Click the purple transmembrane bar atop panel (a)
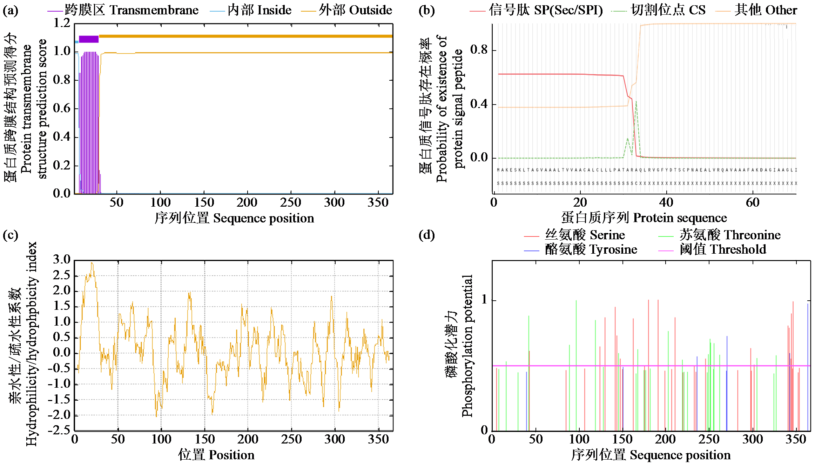[89, 39]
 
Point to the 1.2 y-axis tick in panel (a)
[62, 23]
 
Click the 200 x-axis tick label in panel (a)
[247, 202]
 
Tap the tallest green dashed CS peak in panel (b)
[636, 102]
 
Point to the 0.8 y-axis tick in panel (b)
[479, 50]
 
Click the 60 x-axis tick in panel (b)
[753, 202]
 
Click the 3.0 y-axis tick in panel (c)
[62, 260]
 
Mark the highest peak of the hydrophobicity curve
[92, 263]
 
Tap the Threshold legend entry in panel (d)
[722, 249]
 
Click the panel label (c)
[10, 235]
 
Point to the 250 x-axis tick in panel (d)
[709, 439]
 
